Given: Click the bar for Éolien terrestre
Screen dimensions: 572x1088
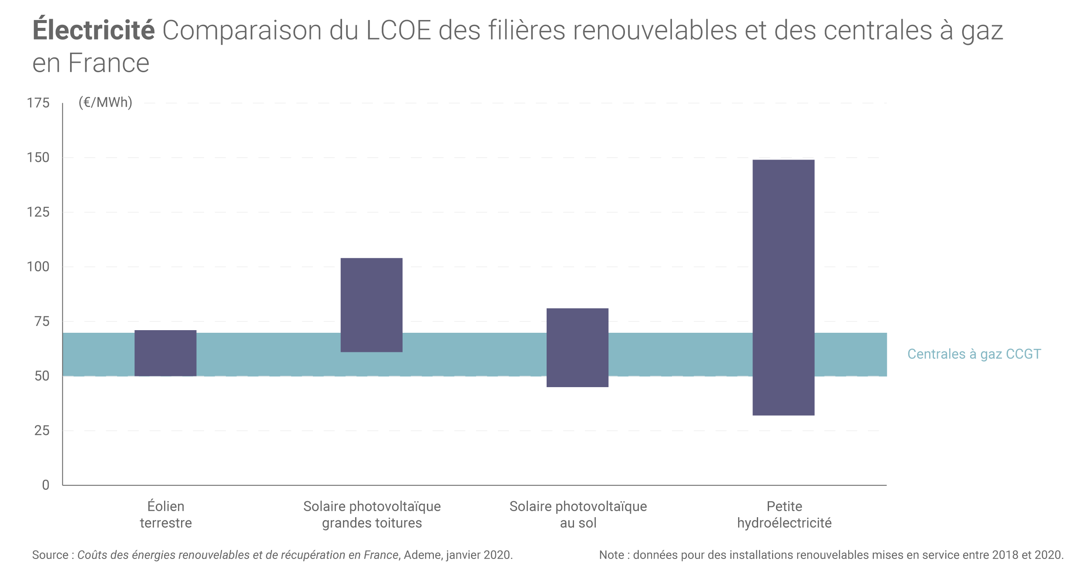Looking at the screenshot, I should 165,353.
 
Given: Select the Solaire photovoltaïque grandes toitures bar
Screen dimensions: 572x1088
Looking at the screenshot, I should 371,305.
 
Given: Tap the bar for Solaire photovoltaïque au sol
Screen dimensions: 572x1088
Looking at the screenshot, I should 577,348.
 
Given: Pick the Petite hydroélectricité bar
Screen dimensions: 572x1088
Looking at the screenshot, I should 783,288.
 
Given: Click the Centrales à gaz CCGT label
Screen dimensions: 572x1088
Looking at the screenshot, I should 974,354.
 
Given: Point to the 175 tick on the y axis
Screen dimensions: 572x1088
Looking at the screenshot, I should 38,103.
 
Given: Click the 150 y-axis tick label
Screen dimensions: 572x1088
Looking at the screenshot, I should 38,157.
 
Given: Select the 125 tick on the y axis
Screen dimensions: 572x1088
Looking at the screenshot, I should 38,212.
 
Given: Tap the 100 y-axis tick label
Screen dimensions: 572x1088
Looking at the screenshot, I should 38,267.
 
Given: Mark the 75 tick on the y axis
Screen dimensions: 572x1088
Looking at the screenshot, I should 42,321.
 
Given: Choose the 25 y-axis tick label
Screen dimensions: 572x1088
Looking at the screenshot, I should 42,431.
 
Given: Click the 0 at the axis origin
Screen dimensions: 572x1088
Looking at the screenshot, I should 46,485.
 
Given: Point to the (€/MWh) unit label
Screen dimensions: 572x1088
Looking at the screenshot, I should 105,102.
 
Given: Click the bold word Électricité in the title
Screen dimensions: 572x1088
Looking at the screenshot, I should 94,30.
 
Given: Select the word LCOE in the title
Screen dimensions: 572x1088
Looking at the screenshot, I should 398,30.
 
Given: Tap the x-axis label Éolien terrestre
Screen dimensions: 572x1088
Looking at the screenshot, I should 166,515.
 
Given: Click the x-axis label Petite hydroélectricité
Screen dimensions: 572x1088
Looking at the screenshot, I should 784,515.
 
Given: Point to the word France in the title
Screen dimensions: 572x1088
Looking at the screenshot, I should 109,63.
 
